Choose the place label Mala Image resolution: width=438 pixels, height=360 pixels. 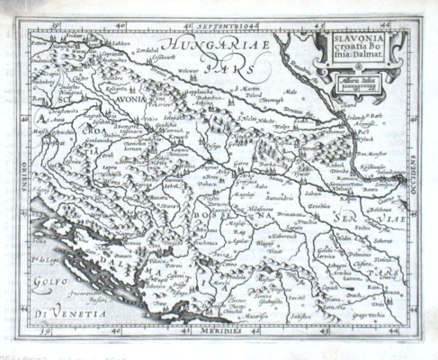[x=290, y=92]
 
